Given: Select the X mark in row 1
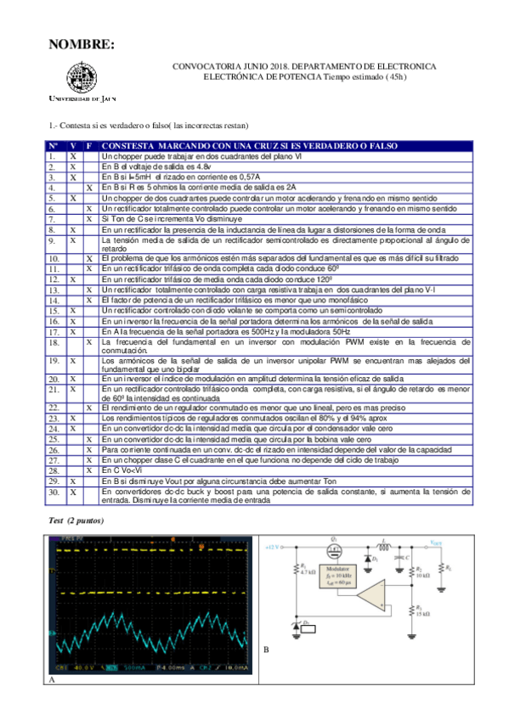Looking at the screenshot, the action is pos(73,157).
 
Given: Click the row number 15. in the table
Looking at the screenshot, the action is pos(53,311).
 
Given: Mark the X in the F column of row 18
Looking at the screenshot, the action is pos(90,343).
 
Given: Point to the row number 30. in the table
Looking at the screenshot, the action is pos(53,492).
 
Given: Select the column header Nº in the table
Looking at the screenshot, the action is pos(53,146).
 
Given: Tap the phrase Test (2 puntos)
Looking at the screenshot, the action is pos(76,519).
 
